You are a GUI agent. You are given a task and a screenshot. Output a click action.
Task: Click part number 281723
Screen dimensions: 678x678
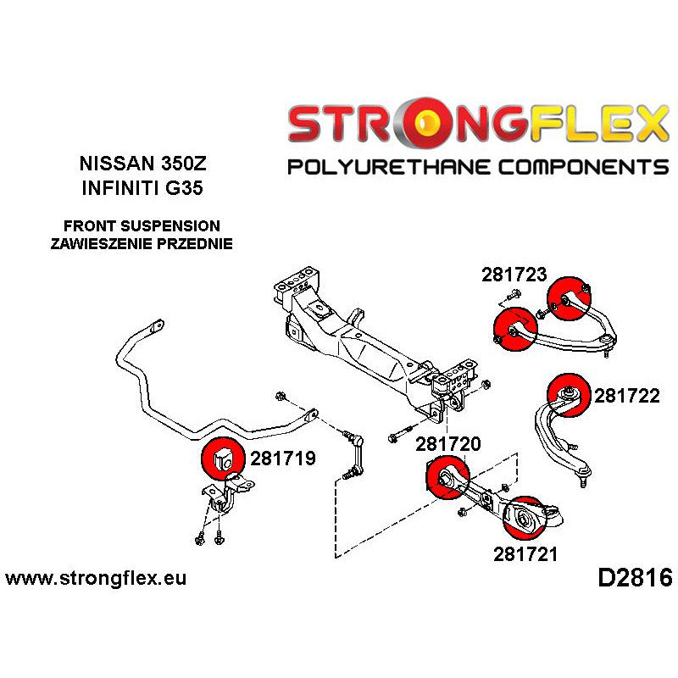tap(514, 275)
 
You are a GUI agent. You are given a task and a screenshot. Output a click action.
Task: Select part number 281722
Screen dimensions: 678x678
tap(626, 395)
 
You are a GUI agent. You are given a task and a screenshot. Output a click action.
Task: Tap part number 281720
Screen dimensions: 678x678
tap(447, 444)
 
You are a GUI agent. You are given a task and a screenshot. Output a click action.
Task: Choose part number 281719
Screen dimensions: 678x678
tap(283, 458)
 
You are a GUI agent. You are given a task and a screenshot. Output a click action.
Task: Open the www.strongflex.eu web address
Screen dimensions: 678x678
tap(96, 580)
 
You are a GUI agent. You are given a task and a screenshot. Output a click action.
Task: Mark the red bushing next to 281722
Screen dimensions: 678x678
tap(569, 395)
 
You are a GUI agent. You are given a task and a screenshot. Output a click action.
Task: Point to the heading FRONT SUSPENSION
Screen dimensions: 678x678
tap(142, 226)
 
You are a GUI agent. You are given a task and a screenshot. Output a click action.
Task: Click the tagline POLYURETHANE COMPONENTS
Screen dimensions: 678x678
tap(478, 166)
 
